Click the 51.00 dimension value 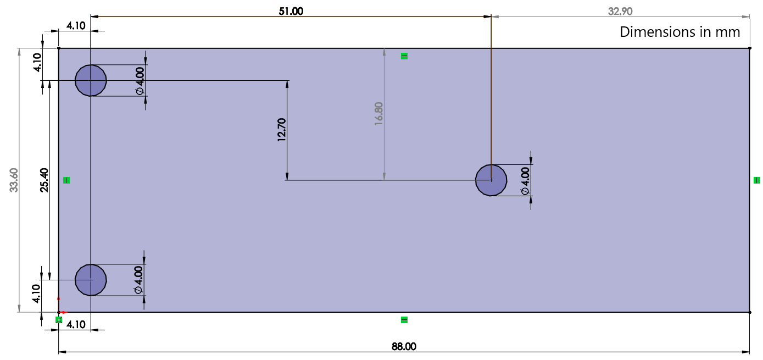pos(291,11)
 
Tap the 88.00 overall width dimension pos(404,346)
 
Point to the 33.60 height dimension pos(14,180)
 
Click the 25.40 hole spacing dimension pos(44,180)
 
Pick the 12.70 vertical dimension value pos(282,130)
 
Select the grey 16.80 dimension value pos(378,114)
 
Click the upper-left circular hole pos(91,80)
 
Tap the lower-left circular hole pos(91,280)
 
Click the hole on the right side pos(491,180)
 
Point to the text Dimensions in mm pos(680,32)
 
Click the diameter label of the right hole pos(525,181)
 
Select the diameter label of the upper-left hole pos(140,81)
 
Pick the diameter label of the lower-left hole pos(138,279)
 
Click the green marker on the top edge pos(404,56)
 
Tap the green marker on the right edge pos(757,180)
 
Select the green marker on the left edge pos(66,180)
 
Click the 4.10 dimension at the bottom pos(76,324)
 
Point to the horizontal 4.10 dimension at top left pos(76,25)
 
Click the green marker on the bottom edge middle pos(404,320)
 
